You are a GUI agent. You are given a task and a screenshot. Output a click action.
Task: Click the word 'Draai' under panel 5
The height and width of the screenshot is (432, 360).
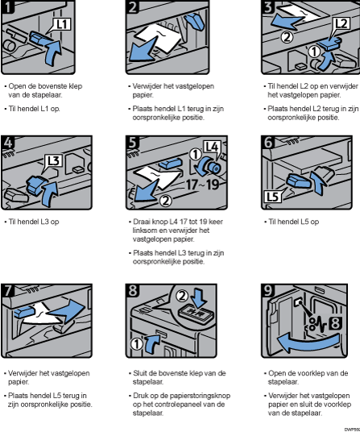pos(140,220)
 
